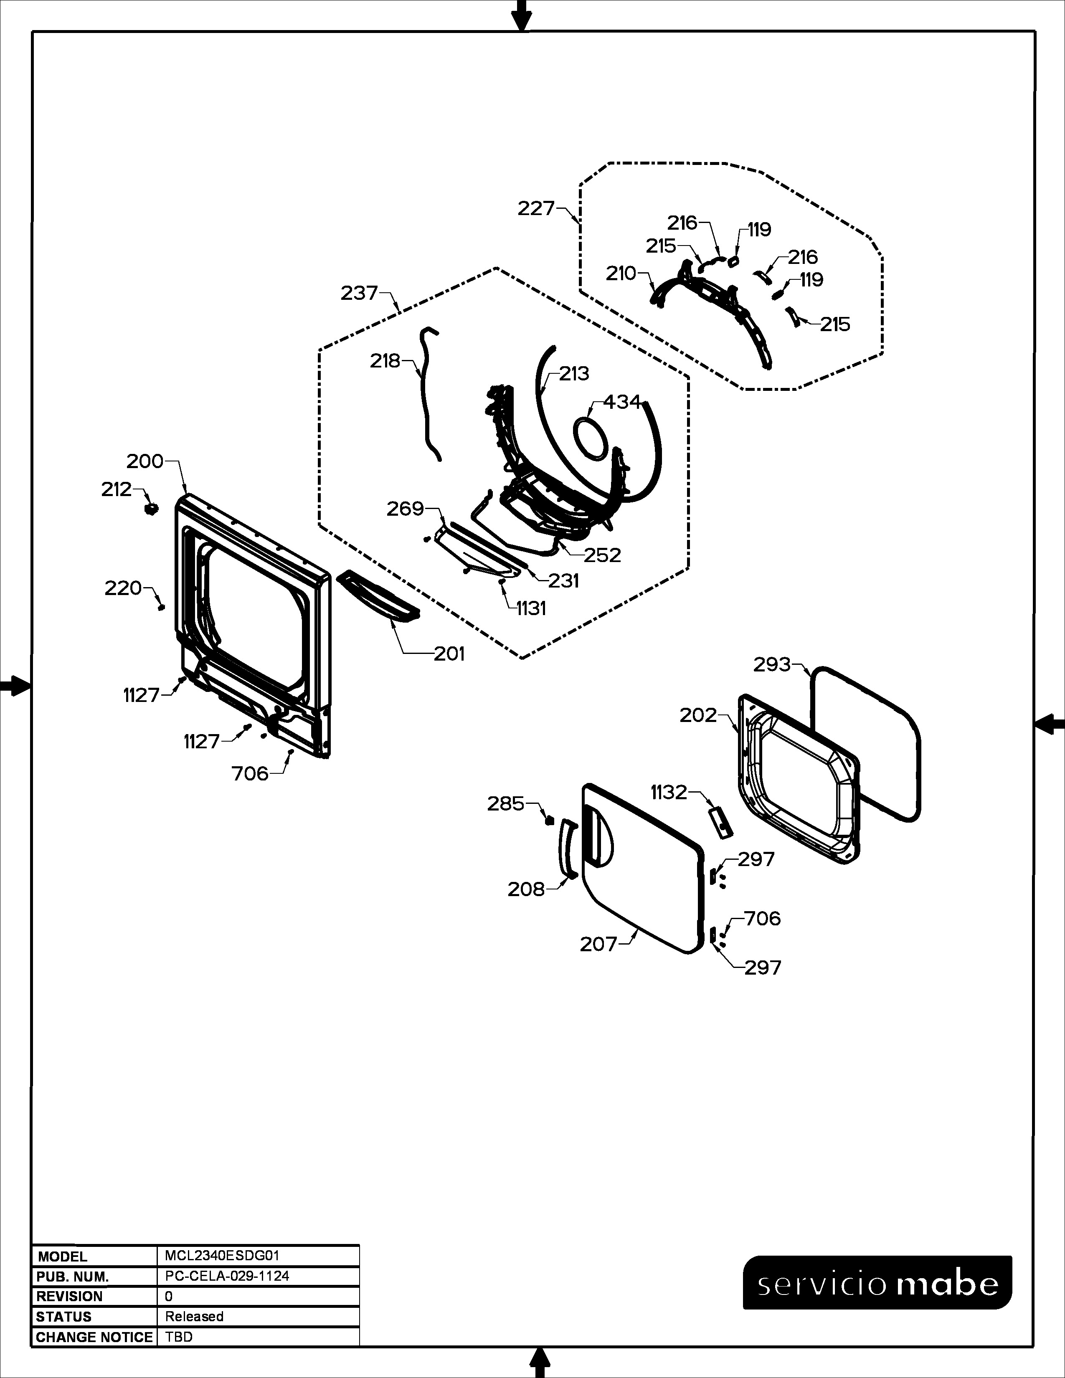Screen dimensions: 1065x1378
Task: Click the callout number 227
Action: pyautogui.click(x=536, y=208)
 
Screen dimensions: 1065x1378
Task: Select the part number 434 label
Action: pyautogui.click(x=622, y=401)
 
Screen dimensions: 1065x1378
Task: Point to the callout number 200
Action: pyautogui.click(x=145, y=461)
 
